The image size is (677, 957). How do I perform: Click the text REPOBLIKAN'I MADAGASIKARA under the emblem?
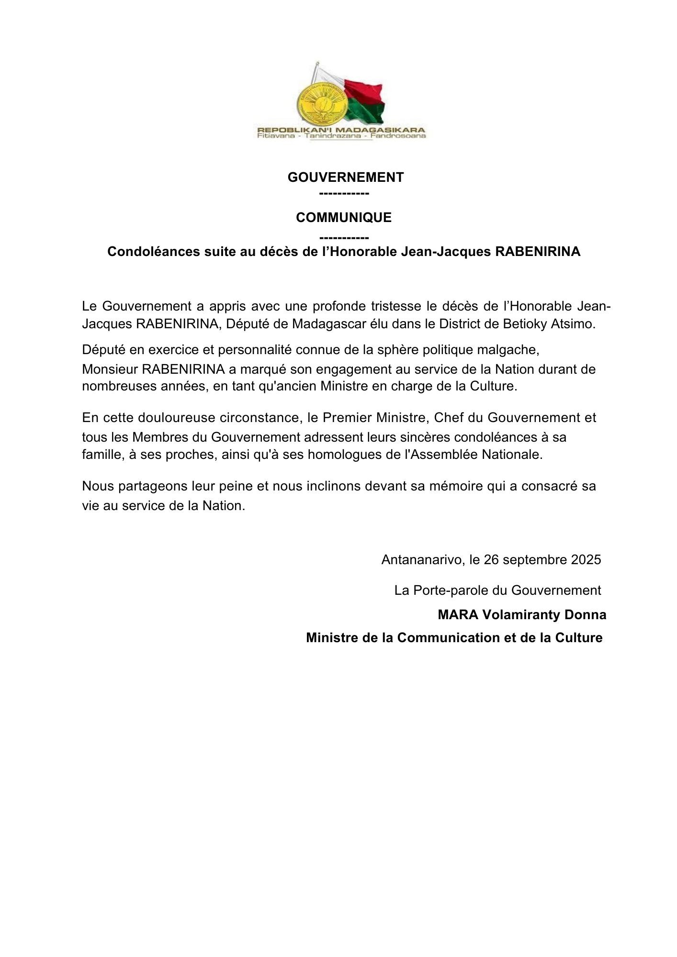pos(341,130)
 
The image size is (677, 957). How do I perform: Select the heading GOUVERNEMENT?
pos(345,178)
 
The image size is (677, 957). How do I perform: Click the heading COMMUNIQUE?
pos(343,218)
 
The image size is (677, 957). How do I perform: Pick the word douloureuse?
pos(177,418)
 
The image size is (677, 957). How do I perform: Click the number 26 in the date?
pos(491,560)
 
